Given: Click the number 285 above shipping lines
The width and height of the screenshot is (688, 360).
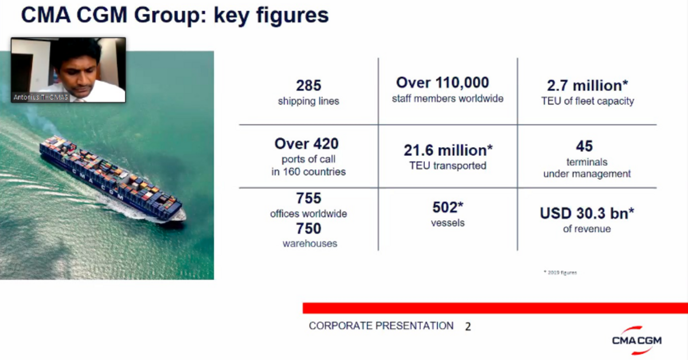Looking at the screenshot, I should [x=308, y=86].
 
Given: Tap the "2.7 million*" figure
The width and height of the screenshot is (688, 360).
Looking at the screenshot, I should [x=587, y=86].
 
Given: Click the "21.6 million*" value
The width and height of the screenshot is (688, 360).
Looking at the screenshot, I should [x=448, y=150].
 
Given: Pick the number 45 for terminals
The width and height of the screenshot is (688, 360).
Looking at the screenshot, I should [x=584, y=146].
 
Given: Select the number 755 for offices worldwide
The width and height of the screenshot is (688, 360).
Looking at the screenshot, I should [x=308, y=199].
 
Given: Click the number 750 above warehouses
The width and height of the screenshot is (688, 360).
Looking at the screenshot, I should [x=308, y=229].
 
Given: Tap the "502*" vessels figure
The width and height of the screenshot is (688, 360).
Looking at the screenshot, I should [x=448, y=207].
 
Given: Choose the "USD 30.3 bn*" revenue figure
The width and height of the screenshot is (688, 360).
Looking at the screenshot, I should [x=587, y=214].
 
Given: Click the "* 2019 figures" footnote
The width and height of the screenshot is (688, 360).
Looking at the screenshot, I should [x=560, y=272].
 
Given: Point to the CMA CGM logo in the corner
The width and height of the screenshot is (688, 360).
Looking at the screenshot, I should [x=636, y=338].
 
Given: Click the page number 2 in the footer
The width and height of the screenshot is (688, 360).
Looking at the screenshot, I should [x=468, y=327].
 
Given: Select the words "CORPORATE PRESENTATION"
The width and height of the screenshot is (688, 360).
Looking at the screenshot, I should [x=381, y=326].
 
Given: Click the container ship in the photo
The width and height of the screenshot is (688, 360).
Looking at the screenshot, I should [x=112, y=178].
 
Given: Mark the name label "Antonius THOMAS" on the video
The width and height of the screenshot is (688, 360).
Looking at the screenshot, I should [x=40, y=98].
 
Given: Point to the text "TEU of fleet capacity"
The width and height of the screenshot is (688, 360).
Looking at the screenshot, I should [x=587, y=101].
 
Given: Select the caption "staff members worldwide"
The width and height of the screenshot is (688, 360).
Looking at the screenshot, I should [x=447, y=99].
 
